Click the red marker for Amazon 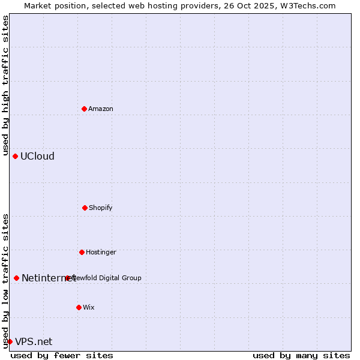point(84,109)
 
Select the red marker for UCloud point(15,156)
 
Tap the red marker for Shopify point(85,208)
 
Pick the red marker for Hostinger point(82,252)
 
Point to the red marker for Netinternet point(16,278)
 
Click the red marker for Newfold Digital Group point(67,278)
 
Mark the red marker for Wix point(79,307)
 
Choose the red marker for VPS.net point(10,341)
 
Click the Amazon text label point(101,109)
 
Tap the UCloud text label point(37,156)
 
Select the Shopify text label point(101,208)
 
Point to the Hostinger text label point(101,252)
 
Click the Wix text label point(89,307)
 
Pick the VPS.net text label point(34,341)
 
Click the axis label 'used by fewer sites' point(62,355)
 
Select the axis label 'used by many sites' point(301,355)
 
